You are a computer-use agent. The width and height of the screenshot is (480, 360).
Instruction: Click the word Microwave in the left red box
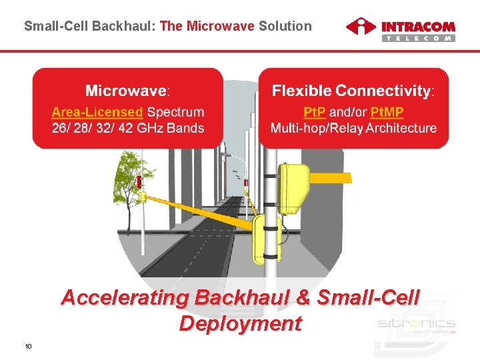126,90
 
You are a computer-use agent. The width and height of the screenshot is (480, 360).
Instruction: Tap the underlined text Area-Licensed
97,112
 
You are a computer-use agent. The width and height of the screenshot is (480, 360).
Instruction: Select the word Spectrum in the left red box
175,112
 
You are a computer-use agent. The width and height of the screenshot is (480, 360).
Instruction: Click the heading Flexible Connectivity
351,90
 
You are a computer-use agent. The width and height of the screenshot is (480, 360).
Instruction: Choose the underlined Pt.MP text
387,112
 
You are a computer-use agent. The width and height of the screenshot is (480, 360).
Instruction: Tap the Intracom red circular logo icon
361,29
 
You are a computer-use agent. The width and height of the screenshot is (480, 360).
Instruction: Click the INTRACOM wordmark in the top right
418,27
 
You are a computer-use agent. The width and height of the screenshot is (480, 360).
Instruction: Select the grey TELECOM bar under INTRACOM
418,38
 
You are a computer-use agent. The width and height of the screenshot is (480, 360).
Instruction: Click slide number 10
28,346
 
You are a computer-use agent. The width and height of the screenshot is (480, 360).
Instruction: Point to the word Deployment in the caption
240,323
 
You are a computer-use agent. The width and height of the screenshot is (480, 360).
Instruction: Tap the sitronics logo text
416,323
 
